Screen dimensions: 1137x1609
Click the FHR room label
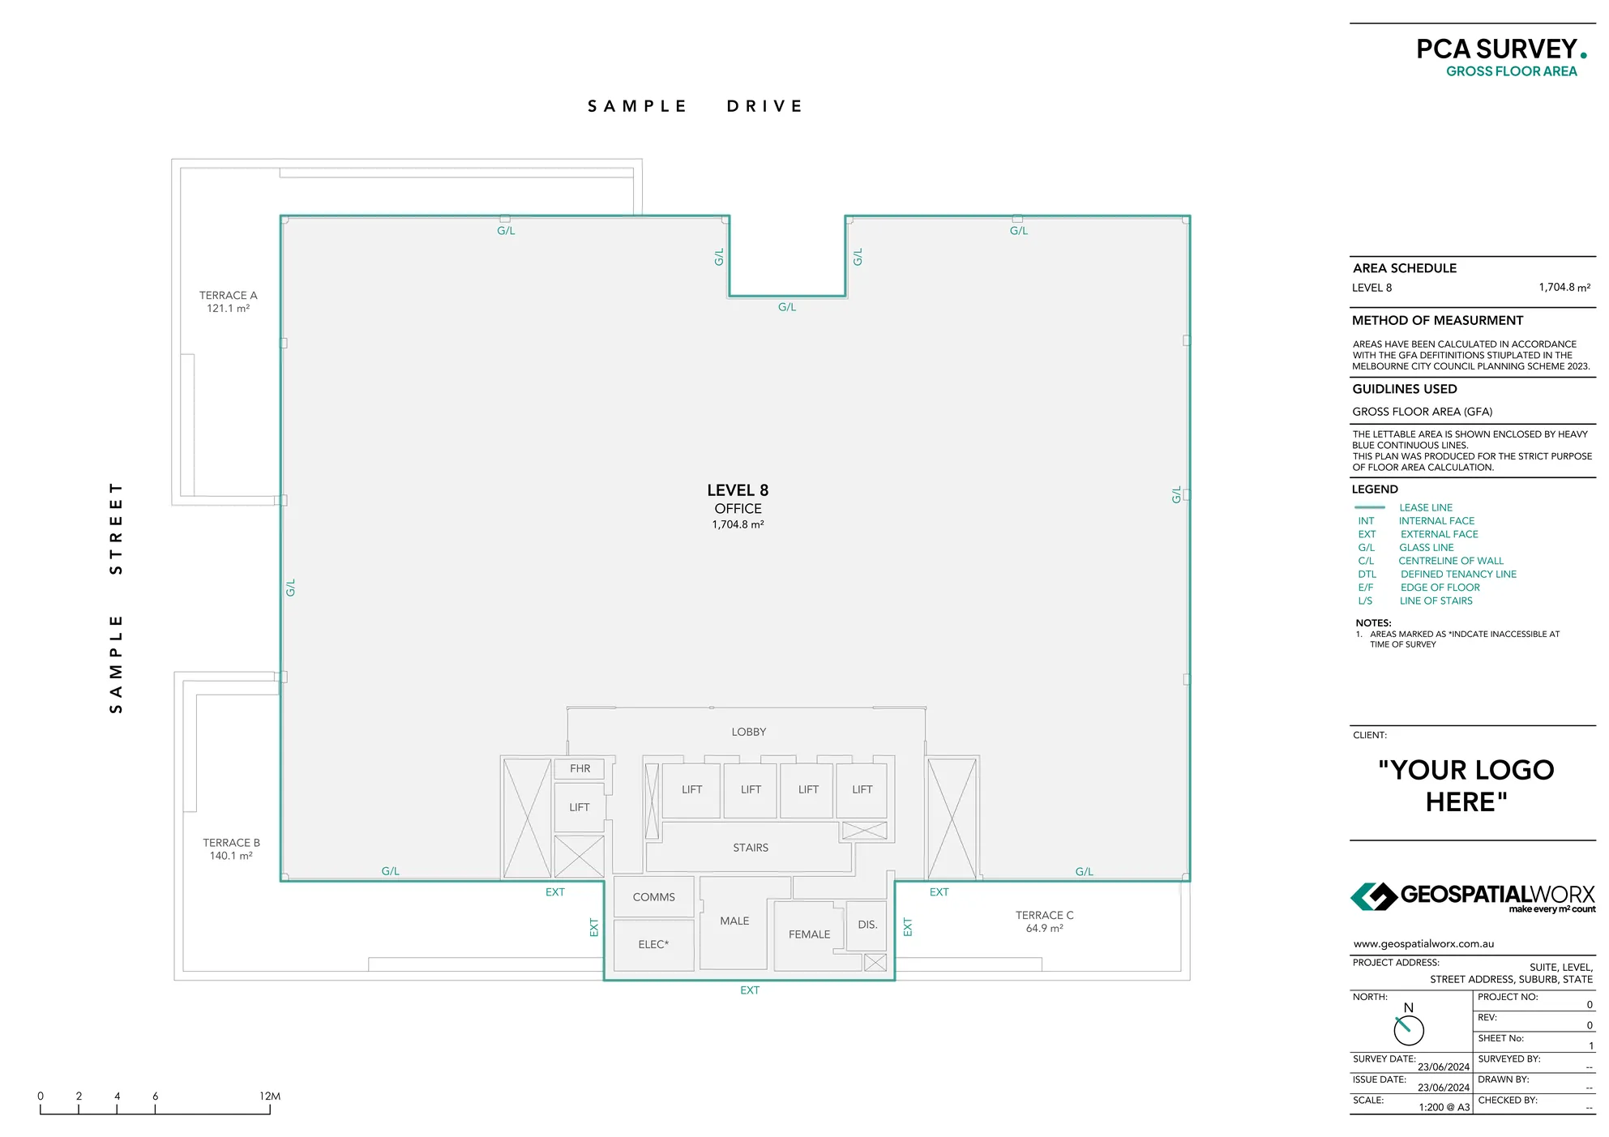click(580, 768)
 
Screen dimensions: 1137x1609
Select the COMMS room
click(653, 897)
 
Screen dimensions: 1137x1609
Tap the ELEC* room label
click(653, 944)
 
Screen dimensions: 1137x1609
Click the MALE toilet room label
click(734, 921)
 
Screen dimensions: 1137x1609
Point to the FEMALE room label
click(809, 934)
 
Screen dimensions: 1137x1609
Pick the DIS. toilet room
click(867, 925)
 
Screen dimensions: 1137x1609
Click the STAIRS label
click(751, 848)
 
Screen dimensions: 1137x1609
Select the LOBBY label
click(748, 732)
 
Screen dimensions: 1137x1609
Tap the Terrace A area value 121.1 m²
click(228, 309)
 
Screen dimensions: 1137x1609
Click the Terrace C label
click(1044, 915)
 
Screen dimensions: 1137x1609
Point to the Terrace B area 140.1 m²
click(231, 856)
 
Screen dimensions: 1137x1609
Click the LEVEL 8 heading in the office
click(738, 490)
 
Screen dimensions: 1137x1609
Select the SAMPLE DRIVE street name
click(695, 106)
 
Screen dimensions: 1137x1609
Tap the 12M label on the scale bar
click(270, 1096)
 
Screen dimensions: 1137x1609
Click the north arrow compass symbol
click(1408, 1029)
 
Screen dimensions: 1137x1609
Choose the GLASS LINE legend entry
click(1427, 548)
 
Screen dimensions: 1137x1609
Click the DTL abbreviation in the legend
click(1367, 575)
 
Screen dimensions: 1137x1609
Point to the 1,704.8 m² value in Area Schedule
click(1564, 288)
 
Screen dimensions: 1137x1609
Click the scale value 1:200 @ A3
click(1444, 1107)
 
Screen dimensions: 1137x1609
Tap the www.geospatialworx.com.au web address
click(1423, 944)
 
